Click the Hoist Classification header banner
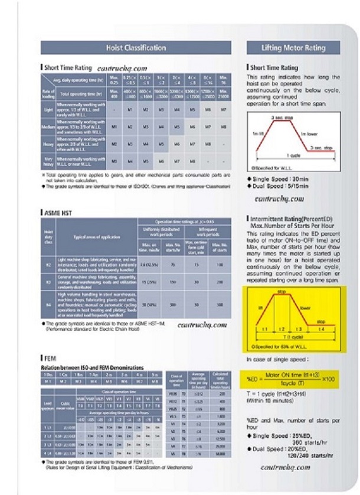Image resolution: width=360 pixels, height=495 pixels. (135, 47)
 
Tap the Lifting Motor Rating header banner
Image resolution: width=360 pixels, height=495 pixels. (293, 47)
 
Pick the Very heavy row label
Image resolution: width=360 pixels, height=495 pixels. (48, 160)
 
